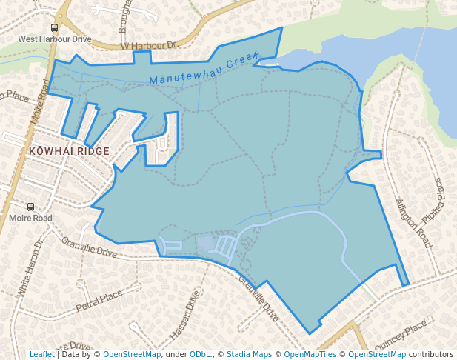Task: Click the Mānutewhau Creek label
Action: [203, 70]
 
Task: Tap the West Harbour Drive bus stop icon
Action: [54, 28]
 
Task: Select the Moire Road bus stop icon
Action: [30, 207]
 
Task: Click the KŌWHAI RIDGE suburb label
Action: [68, 151]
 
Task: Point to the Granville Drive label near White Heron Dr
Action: [90, 247]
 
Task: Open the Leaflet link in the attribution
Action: [41, 354]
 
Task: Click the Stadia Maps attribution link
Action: [249, 354]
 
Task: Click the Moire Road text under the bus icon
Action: [30, 219]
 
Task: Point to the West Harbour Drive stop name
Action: [54, 39]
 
